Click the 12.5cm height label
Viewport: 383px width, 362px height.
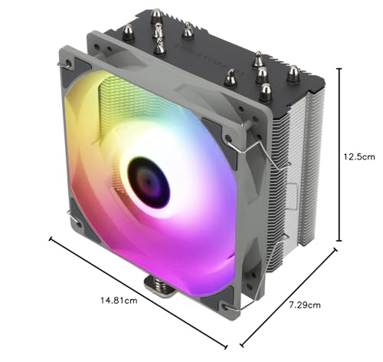(359, 156)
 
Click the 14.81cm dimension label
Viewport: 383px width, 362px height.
(119, 300)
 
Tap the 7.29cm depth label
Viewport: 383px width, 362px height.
(305, 304)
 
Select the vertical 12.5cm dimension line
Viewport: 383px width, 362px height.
(339, 155)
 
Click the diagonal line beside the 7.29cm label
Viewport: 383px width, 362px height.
(289, 298)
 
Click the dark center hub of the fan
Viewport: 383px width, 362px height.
(149, 183)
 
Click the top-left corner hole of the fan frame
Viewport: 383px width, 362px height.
(68, 63)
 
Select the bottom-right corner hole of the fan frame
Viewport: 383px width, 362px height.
(226, 307)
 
